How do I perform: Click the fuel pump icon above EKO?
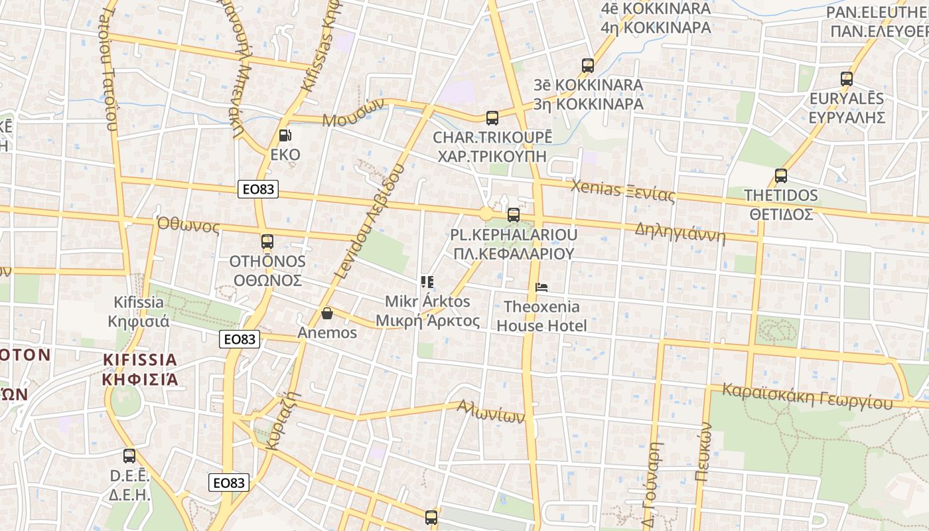click(285, 135)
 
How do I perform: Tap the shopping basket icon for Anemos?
click(326, 313)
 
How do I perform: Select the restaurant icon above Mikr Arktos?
click(427, 282)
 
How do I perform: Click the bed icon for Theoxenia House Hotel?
click(541, 287)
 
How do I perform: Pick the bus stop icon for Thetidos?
click(781, 176)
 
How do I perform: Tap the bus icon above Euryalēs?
click(846, 79)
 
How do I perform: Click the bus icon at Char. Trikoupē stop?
click(492, 118)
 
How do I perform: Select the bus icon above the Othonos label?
click(267, 242)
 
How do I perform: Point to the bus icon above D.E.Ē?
click(129, 456)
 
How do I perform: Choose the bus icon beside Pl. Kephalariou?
click(513, 215)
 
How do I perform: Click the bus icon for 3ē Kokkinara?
click(587, 66)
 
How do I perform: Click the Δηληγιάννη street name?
click(680, 232)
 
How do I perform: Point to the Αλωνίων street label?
click(490, 412)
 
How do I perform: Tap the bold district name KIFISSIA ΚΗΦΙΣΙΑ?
click(141, 370)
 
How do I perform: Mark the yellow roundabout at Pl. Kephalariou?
click(486, 214)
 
